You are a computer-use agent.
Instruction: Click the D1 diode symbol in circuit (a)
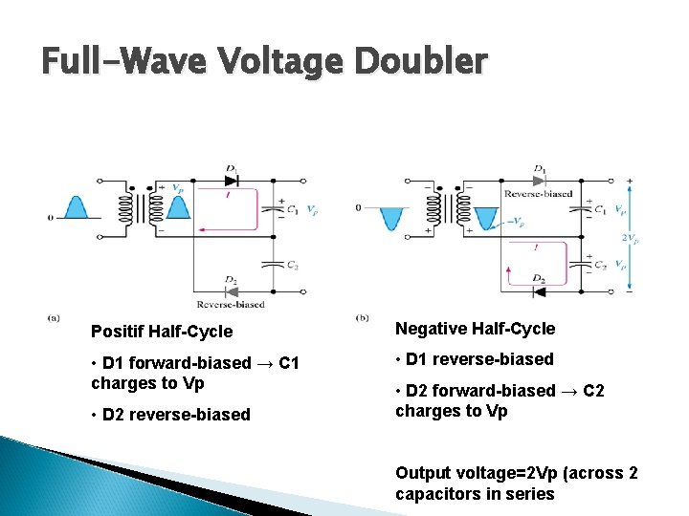(x=231, y=180)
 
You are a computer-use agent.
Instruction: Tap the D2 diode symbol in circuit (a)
(x=231, y=291)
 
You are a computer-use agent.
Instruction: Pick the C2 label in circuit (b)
(x=599, y=266)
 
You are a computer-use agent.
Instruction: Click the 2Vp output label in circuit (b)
(x=631, y=236)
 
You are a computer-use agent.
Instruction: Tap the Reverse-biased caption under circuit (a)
(x=231, y=305)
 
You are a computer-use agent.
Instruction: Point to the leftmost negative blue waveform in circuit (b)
(x=390, y=218)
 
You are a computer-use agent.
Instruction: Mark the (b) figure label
(x=362, y=317)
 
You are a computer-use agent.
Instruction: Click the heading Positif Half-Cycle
(x=162, y=332)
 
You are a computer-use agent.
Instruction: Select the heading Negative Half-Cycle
(x=475, y=329)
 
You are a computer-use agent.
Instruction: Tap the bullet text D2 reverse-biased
(x=170, y=415)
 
